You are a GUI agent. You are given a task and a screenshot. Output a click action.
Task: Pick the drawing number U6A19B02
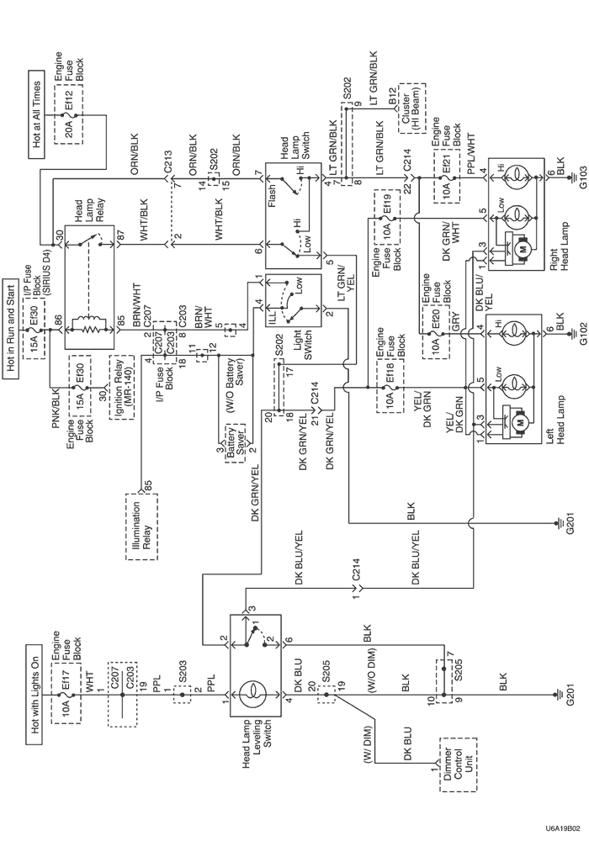click(563, 828)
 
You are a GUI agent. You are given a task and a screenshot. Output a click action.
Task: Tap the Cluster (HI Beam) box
click(411, 108)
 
